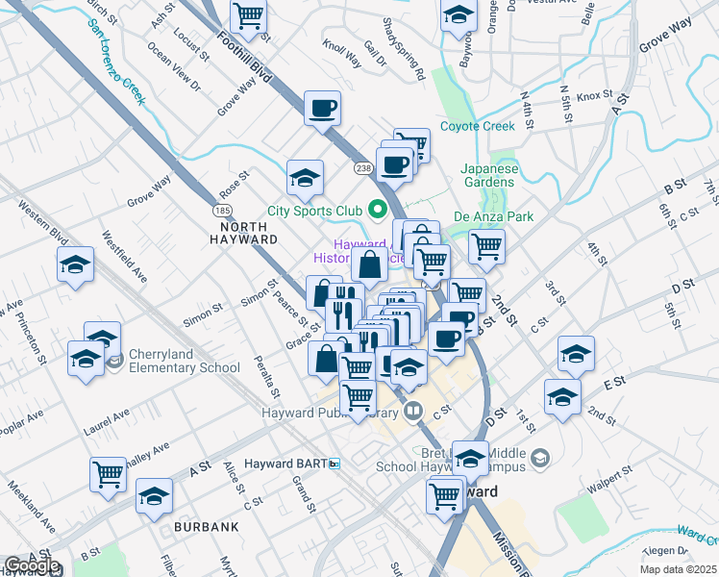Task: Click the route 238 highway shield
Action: click(362, 168)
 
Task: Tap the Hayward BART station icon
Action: click(334, 464)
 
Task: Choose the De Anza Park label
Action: click(493, 217)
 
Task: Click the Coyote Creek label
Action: click(478, 126)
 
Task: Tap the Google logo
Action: click(31, 565)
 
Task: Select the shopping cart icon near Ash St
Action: click(248, 16)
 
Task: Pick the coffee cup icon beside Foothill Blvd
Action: click(322, 107)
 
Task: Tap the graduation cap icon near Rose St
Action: click(305, 177)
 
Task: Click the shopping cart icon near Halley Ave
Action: click(108, 473)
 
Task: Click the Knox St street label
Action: click(594, 95)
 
